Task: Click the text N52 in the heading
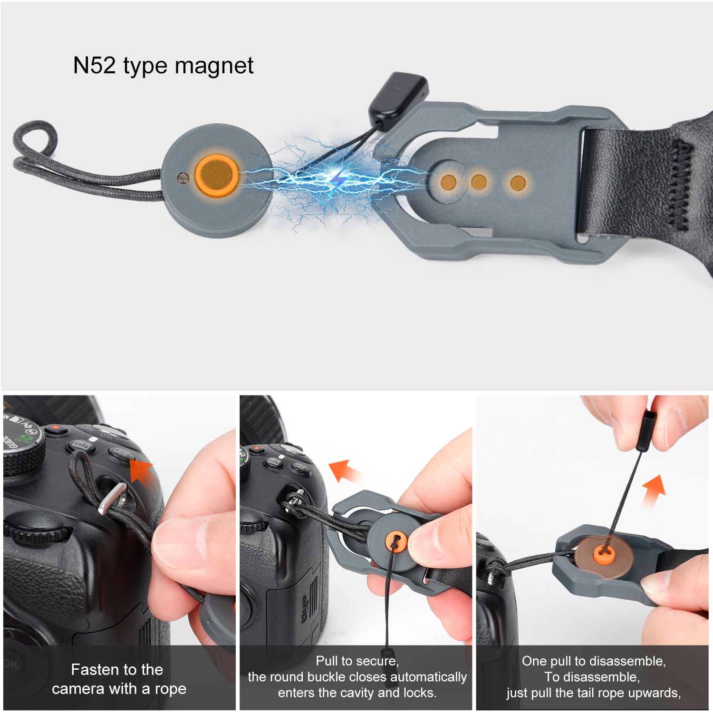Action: coord(95,66)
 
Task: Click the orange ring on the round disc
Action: coord(216,175)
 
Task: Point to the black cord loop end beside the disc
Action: coord(34,143)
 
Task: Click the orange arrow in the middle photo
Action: coord(346,471)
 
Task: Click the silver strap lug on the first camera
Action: coord(113,499)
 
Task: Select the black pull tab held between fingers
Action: coord(645,431)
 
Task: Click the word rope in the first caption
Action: coord(170,689)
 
